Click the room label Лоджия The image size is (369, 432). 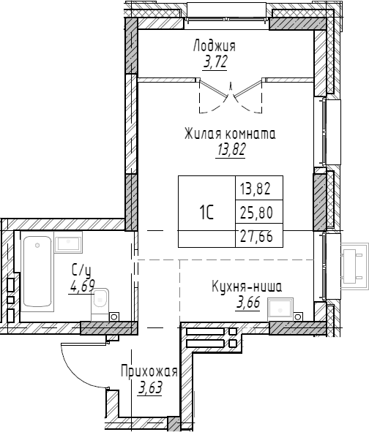(x=215, y=47)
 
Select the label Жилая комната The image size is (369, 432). (x=230, y=134)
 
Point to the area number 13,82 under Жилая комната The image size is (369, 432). (x=230, y=150)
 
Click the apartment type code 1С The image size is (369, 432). (x=206, y=213)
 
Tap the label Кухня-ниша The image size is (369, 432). (x=246, y=287)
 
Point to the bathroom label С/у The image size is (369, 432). (x=80, y=270)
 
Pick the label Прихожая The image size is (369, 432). (x=149, y=372)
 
